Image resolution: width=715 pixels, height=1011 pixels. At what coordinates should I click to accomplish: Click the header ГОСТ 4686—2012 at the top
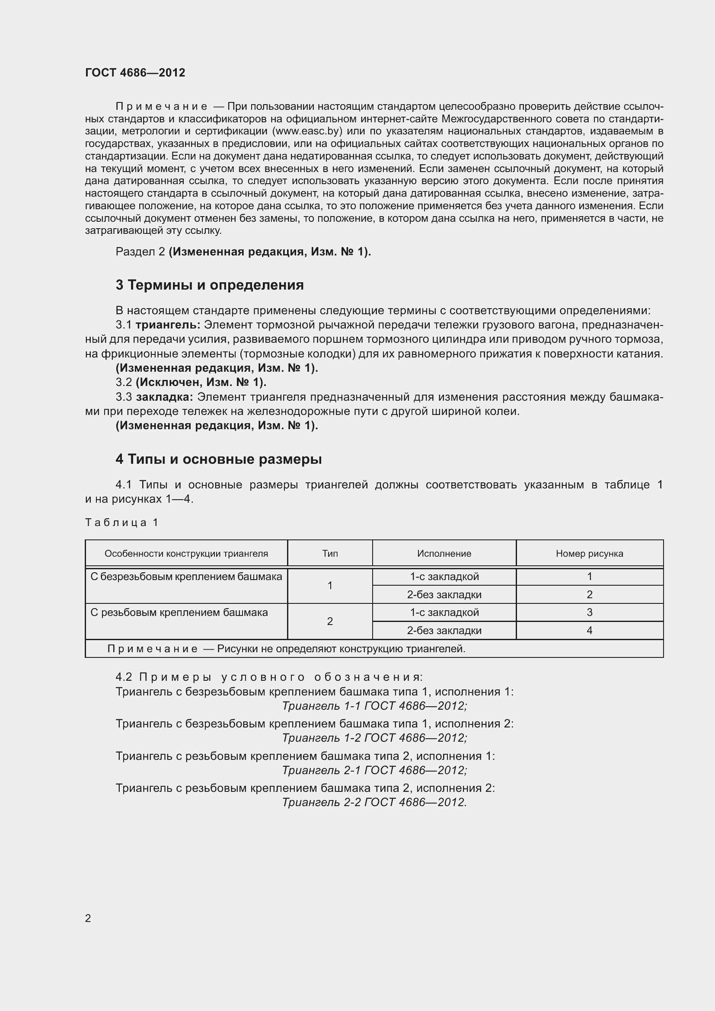[135, 73]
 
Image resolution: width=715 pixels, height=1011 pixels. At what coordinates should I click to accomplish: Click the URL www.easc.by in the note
[307, 131]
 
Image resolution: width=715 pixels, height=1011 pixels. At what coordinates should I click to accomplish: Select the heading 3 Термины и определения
[210, 285]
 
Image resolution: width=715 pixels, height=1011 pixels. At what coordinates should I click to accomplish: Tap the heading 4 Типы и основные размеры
[218, 459]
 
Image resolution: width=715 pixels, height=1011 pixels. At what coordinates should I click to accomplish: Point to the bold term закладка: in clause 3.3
[164, 397]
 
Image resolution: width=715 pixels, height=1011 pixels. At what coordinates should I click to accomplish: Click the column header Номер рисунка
[589, 554]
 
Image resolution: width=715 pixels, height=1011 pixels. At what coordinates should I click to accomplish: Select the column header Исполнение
[444, 554]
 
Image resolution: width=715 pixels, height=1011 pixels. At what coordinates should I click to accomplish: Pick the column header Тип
[330, 554]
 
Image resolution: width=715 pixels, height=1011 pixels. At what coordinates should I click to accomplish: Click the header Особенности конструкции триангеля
[186, 554]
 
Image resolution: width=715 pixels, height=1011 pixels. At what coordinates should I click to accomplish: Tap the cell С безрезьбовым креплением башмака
[186, 577]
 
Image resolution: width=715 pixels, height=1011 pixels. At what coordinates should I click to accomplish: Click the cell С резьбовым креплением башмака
[179, 612]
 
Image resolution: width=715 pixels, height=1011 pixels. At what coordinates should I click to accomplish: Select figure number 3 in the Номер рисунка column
[589, 612]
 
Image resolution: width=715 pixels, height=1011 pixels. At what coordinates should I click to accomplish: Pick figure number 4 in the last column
[589, 631]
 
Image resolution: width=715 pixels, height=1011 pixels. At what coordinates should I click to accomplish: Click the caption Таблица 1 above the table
[121, 523]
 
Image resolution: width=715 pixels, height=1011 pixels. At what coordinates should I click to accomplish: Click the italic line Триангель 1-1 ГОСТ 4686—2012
[374, 706]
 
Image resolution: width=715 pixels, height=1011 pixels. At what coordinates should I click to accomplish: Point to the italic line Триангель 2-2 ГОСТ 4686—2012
[374, 802]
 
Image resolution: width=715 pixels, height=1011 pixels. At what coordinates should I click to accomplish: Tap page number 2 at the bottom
[88, 919]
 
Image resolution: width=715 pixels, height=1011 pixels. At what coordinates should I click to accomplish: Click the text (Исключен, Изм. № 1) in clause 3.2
[201, 382]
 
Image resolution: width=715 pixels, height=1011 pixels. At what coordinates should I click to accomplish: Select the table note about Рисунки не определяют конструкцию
[286, 649]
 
